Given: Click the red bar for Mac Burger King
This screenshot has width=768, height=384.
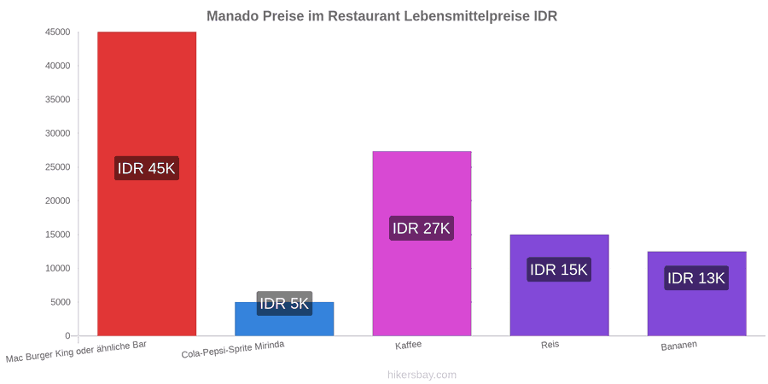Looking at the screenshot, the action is pyautogui.click(x=147, y=183).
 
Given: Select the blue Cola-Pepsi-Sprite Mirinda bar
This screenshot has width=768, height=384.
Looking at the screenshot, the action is pyautogui.click(x=284, y=319).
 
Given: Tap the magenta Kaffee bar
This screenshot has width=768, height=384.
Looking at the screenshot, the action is pyautogui.click(x=422, y=243).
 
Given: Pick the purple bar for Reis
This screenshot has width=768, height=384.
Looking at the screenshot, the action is pyautogui.click(x=559, y=285).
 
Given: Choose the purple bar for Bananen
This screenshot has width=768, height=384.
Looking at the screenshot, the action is pyautogui.click(x=697, y=294).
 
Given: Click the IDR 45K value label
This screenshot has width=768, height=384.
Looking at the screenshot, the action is pyautogui.click(x=147, y=168).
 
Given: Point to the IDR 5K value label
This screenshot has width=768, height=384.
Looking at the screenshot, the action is pyautogui.click(x=284, y=304).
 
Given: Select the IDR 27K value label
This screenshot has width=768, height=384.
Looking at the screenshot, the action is pyautogui.click(x=422, y=228).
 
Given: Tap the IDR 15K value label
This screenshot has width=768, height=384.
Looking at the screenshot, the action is pyautogui.click(x=559, y=270).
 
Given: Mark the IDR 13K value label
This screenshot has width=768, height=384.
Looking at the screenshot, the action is pyautogui.click(x=696, y=278).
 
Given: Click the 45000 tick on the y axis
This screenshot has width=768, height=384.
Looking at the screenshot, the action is pyautogui.click(x=56, y=32).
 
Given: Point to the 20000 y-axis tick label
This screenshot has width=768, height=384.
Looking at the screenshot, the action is pyautogui.click(x=56, y=201).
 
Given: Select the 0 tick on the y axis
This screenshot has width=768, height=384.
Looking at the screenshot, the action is pyautogui.click(x=68, y=336).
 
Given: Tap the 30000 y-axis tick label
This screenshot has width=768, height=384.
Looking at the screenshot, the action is pyautogui.click(x=56, y=133).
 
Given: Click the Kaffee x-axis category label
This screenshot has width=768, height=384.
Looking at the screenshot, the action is pyautogui.click(x=409, y=345).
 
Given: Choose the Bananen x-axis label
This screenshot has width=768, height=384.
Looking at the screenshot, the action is pyautogui.click(x=679, y=346).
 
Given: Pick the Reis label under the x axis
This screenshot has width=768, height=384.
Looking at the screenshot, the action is pyautogui.click(x=550, y=345).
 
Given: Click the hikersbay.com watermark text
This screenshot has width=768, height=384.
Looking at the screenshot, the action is pyautogui.click(x=422, y=375).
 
